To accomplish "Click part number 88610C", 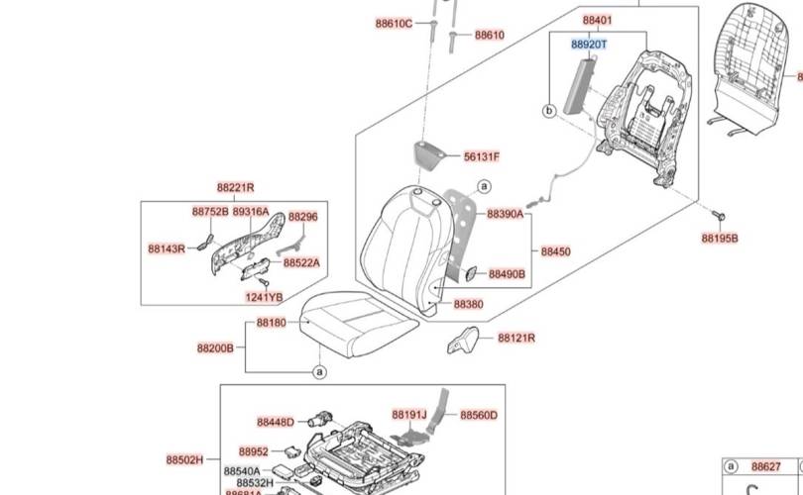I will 394,24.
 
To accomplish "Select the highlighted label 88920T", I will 589,45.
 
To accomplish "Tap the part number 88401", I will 597,21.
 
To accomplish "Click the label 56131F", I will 483,157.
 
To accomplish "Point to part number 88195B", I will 720,239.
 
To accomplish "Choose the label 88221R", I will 236,188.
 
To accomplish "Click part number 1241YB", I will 264,297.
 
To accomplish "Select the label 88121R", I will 516,339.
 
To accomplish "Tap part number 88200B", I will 215,348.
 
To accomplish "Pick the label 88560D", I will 479,416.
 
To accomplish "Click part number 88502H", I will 184,460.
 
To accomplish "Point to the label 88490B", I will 507,274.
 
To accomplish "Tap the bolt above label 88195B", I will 718,214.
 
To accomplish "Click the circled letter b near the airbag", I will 548,112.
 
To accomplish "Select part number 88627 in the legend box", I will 765,466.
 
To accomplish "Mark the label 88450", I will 556,252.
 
